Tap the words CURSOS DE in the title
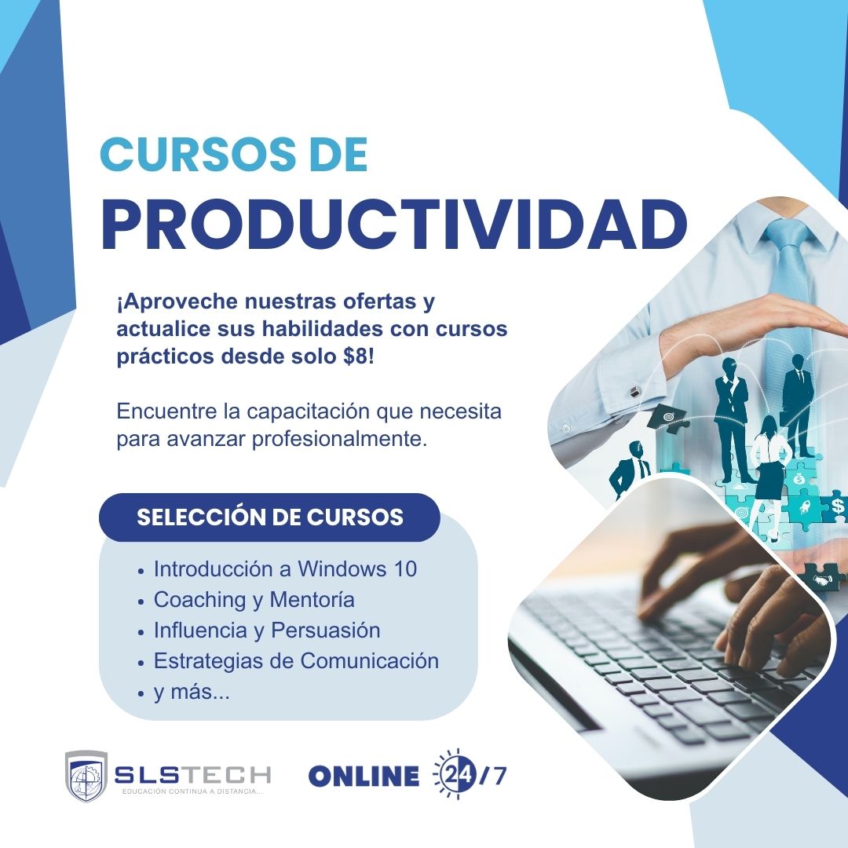[234, 155]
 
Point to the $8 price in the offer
[359, 355]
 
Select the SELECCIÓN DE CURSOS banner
[269, 517]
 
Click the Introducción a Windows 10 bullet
[285, 568]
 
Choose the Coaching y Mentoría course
[254, 600]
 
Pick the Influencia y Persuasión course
[267, 630]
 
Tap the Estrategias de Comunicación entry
[296, 660]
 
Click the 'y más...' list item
[192, 693]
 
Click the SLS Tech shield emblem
[86, 777]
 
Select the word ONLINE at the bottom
[364, 776]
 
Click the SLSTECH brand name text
[192, 774]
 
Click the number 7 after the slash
[500, 776]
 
